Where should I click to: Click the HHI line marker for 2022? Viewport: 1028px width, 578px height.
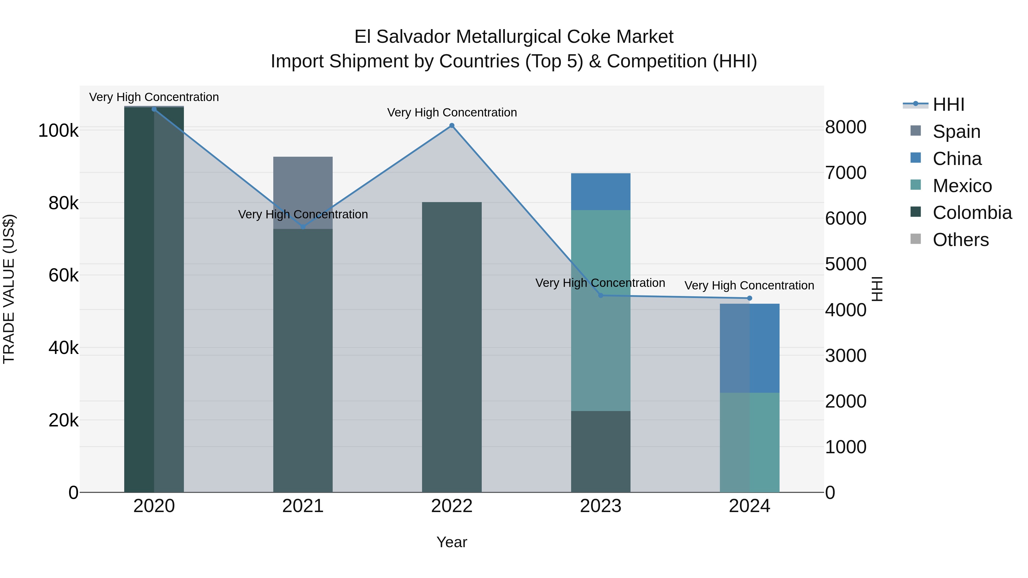[452, 126]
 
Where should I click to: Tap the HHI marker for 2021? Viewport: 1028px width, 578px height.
[303, 227]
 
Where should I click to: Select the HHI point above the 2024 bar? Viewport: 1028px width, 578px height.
[750, 298]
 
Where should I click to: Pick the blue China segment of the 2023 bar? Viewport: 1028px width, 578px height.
[601, 192]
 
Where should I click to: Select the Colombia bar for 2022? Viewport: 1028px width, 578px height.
[452, 347]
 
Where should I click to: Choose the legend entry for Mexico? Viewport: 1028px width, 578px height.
[962, 186]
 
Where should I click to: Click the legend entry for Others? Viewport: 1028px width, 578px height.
[961, 240]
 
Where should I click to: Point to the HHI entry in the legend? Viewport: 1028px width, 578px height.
[948, 104]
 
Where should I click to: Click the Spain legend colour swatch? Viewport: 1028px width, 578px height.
[915, 131]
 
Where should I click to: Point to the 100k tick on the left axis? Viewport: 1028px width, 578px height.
[58, 131]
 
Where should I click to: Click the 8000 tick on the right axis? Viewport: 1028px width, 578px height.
[846, 127]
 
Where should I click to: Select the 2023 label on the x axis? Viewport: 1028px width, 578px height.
[601, 506]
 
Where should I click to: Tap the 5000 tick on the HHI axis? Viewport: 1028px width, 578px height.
[846, 264]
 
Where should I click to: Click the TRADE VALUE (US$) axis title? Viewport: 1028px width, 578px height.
[9, 289]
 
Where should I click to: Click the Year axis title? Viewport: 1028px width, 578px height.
[452, 542]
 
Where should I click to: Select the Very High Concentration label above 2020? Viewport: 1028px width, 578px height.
[154, 97]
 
